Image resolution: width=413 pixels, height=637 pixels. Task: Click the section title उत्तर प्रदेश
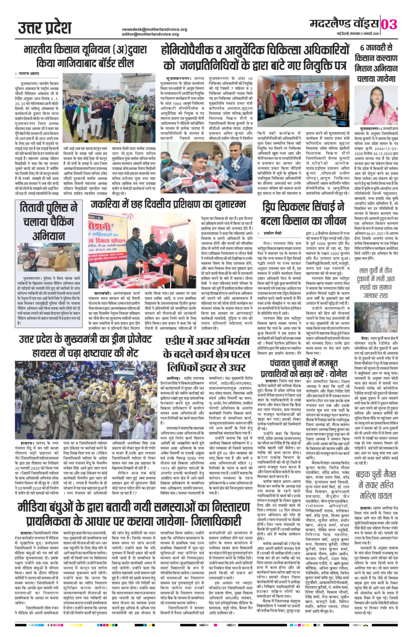[x=44, y=27]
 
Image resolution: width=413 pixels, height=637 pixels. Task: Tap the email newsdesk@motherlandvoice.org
[x=154, y=29]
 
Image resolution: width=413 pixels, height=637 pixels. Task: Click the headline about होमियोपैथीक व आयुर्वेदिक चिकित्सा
[x=255, y=57]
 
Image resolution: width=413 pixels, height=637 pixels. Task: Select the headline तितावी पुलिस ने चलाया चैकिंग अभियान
[x=49, y=221]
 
